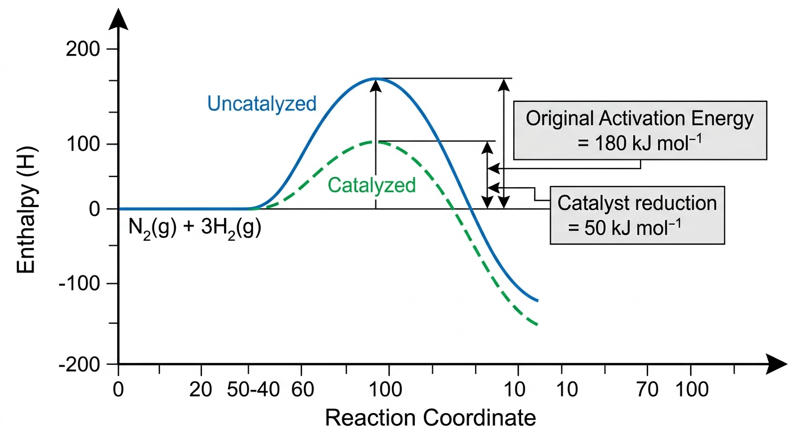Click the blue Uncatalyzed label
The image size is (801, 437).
pos(262,104)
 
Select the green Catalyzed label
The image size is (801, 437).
pos(372,185)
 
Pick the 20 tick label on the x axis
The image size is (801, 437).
pos(201,389)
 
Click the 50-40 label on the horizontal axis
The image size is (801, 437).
pos(253,389)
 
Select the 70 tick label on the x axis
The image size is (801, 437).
pos(647,389)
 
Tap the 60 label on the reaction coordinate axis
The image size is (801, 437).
pos(303,389)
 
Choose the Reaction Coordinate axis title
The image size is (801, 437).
pos(431,417)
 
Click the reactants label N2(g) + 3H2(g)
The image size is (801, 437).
pos(195,228)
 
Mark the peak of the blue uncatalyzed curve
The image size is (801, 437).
pos(375,79)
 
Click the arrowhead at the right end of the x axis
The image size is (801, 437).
pos(776,364)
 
